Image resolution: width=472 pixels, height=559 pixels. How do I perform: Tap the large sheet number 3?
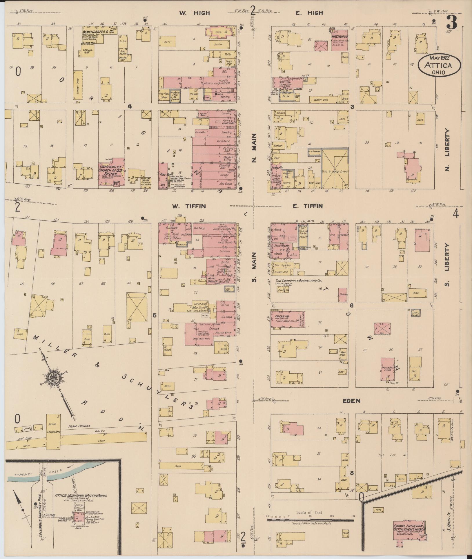[x=451, y=22]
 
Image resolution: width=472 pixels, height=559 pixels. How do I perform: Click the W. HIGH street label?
[x=194, y=13]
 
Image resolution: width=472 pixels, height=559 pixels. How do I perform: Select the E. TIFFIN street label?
[x=307, y=206]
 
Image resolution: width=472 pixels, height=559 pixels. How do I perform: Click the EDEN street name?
[x=351, y=401]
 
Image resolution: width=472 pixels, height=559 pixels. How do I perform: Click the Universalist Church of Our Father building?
[x=111, y=172]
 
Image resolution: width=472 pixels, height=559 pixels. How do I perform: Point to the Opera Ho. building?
[x=286, y=320]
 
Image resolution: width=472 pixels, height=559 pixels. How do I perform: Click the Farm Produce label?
[x=79, y=426]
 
